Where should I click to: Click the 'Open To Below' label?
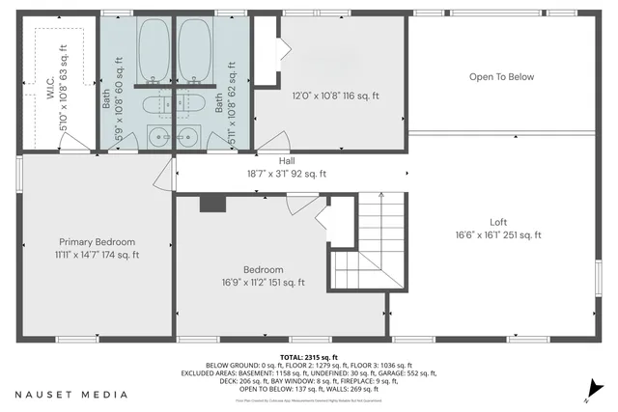(501, 76)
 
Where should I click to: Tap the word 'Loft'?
(497, 221)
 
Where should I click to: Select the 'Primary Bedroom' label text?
(97, 241)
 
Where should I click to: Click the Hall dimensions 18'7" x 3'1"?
(287, 175)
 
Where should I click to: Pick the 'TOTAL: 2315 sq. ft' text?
(308, 356)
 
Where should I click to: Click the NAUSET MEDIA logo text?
(70, 395)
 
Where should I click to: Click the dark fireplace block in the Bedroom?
(211, 203)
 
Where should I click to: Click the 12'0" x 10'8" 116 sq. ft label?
(336, 96)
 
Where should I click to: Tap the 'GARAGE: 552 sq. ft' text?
(409, 373)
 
